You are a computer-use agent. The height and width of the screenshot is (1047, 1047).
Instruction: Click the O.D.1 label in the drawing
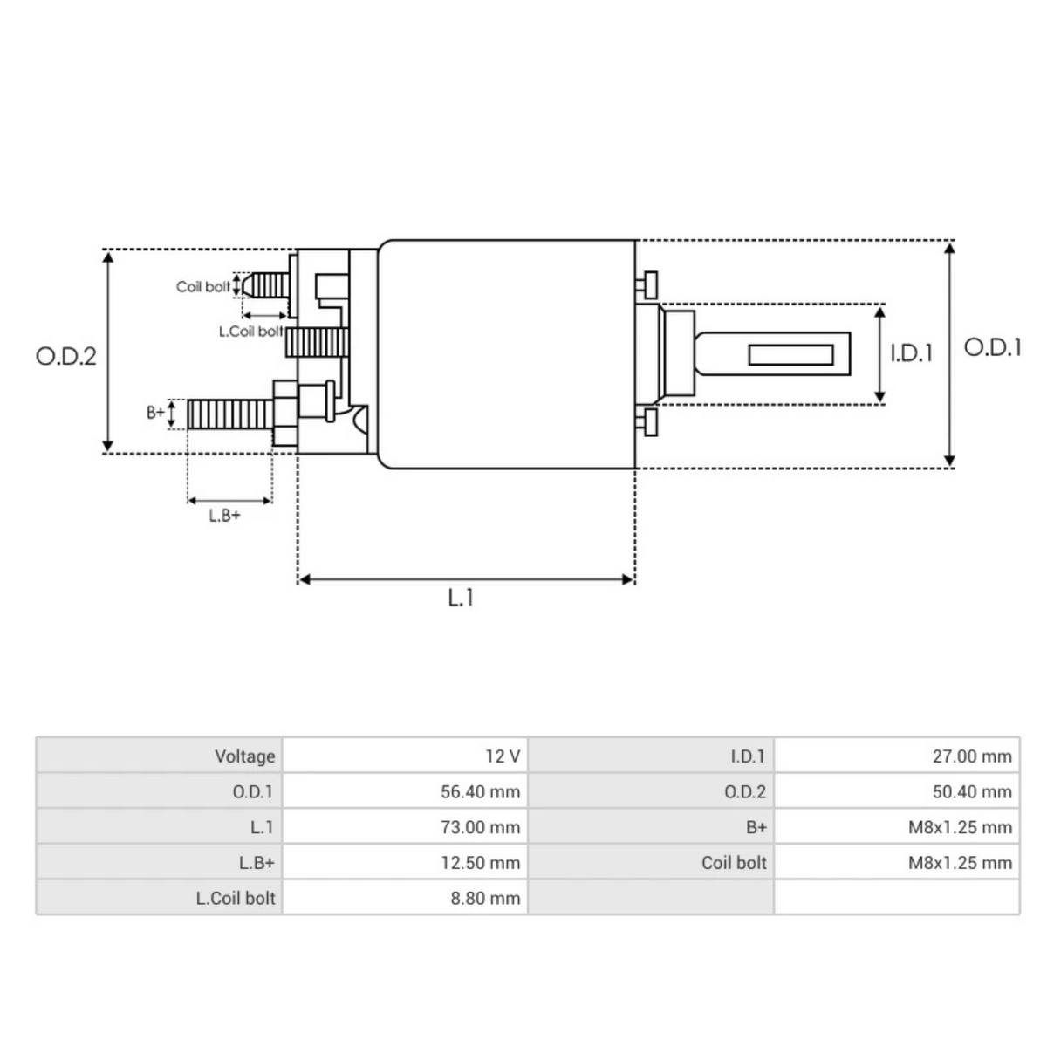[992, 347]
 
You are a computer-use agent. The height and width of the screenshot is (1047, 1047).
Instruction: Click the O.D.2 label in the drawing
[65, 356]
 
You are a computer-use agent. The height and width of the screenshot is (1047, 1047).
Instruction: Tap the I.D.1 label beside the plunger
[911, 353]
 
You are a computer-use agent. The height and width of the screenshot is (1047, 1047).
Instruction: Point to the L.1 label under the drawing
[461, 598]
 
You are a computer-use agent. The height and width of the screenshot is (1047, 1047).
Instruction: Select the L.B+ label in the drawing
[224, 516]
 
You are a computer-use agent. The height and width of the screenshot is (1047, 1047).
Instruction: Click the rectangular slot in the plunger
[790, 354]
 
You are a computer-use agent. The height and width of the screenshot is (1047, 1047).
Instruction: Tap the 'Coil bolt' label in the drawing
[203, 286]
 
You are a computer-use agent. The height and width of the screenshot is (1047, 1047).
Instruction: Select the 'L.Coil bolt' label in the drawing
[250, 332]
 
